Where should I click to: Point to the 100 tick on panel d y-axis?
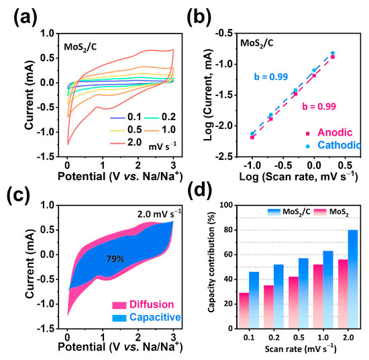click(231, 205)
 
